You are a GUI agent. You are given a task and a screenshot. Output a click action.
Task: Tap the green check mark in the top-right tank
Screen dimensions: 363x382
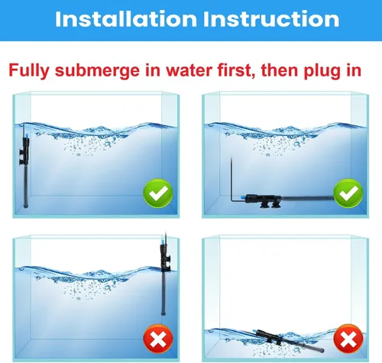pos(349,194)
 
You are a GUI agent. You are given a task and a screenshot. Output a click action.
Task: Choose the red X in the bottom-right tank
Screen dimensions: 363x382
pos(349,336)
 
